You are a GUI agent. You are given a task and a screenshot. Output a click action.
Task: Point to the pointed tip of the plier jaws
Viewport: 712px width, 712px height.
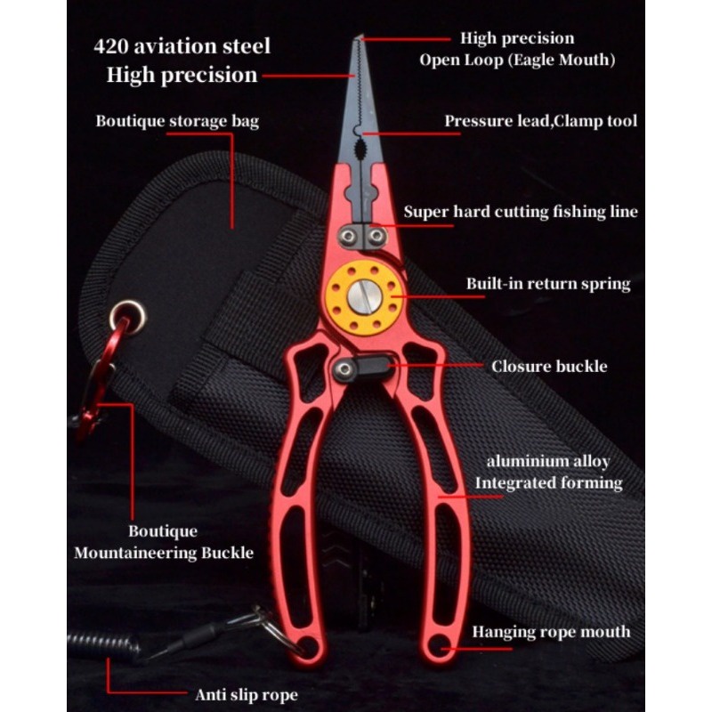[359, 37]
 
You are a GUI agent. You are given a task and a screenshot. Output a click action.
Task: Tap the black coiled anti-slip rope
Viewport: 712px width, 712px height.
[103, 646]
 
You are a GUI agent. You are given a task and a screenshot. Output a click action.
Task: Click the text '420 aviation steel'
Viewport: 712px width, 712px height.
[182, 46]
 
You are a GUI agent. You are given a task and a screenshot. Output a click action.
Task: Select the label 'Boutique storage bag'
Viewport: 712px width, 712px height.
[177, 121]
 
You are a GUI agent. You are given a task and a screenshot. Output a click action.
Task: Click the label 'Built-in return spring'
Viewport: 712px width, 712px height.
[548, 284]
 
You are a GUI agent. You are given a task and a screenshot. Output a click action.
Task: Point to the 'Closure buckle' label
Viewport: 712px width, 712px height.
[549, 367]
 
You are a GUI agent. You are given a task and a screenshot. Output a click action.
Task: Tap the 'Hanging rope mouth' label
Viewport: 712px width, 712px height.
[551, 632]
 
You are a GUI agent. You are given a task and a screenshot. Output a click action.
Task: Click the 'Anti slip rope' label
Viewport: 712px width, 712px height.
[247, 695]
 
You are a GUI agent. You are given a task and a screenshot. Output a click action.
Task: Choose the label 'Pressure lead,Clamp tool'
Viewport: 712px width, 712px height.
[541, 121]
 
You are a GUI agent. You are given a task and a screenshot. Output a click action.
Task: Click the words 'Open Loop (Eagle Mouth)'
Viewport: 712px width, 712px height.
[517, 60]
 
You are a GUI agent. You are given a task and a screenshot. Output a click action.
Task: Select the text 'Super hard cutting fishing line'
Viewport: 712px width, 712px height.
[521, 212]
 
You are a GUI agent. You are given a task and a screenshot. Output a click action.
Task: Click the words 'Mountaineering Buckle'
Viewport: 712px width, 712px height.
[164, 553]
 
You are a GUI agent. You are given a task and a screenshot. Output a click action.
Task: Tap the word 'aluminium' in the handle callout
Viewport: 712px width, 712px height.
[514, 461]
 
